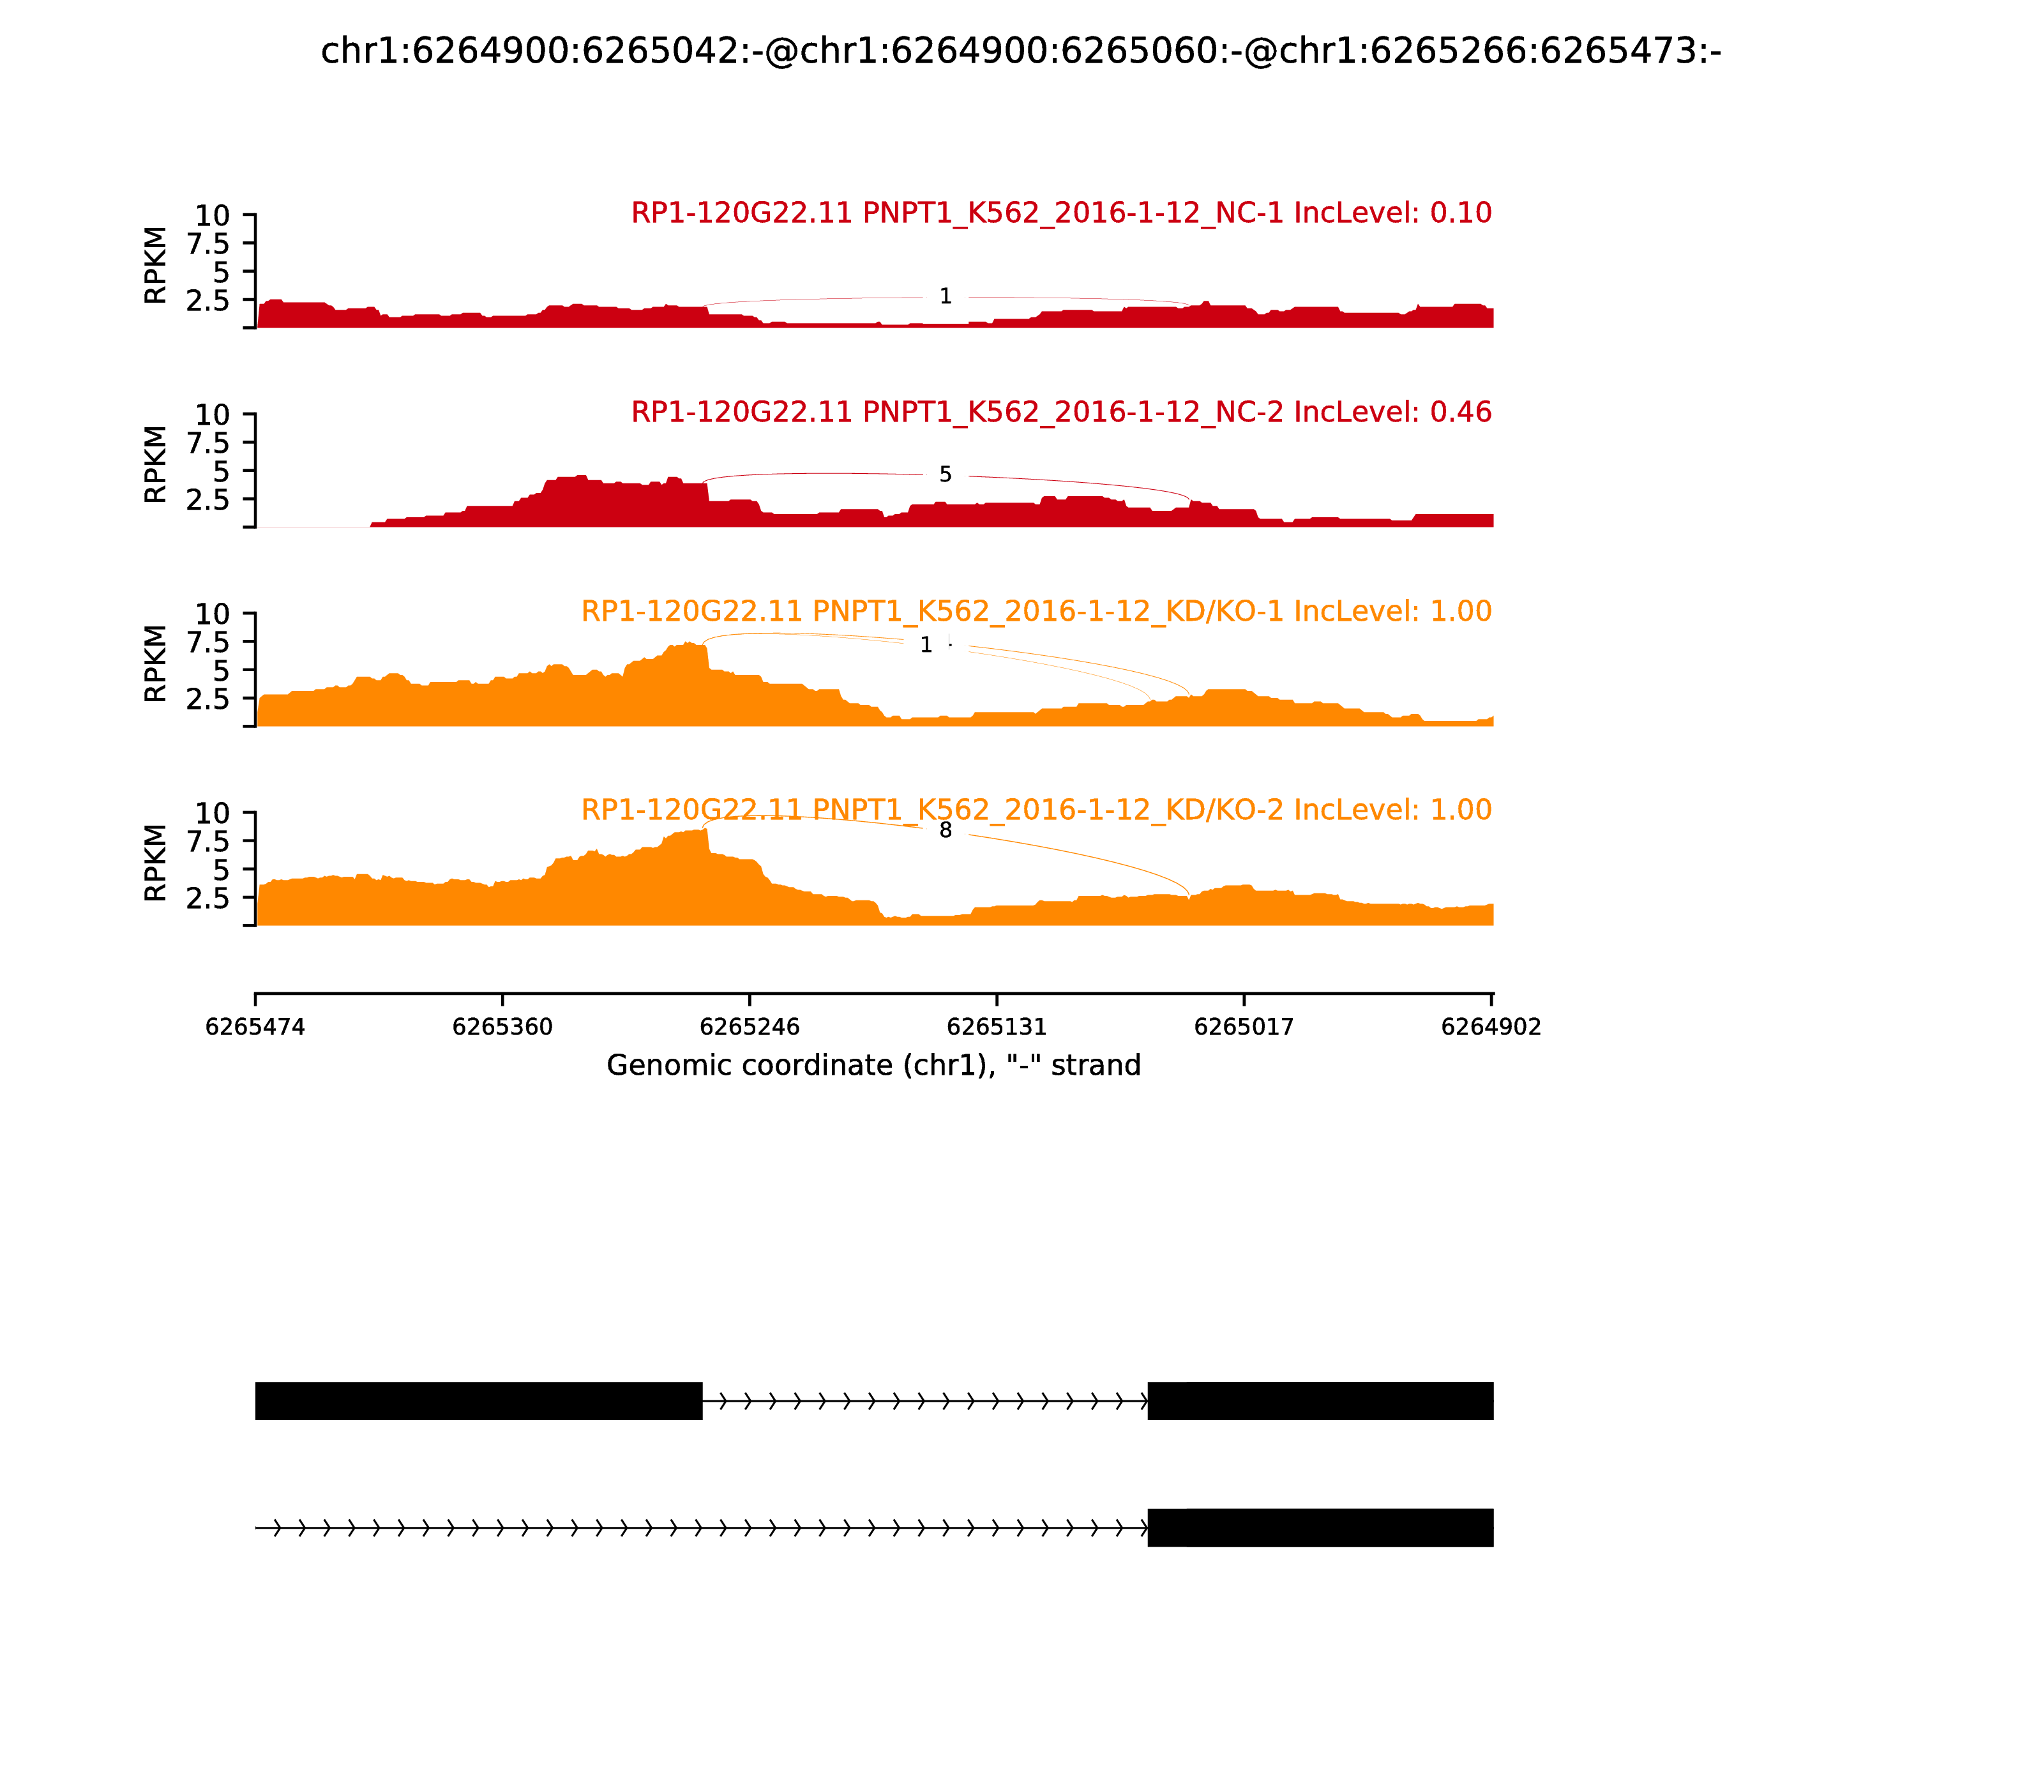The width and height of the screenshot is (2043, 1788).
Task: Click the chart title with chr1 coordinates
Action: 1020,51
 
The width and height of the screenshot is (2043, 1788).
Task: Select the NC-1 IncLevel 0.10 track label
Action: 1060,213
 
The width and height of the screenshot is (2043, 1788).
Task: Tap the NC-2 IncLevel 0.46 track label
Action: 1060,412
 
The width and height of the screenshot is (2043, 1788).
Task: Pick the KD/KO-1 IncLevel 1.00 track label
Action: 1036,610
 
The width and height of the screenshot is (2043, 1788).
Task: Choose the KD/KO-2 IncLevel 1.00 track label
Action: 1036,809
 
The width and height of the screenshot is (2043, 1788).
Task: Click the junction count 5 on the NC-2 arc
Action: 946,475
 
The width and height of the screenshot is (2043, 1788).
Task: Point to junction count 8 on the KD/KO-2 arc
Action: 946,830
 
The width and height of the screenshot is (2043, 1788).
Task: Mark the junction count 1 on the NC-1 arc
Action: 946,296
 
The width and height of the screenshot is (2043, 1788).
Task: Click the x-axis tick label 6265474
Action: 255,1027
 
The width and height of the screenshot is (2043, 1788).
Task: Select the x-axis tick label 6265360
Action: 503,1027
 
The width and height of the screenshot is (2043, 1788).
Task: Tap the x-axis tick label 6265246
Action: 750,1027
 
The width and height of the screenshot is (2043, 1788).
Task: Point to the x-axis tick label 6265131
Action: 997,1027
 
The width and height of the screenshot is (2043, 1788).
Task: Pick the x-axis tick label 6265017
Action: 1244,1027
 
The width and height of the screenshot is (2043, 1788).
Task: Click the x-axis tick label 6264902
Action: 1491,1027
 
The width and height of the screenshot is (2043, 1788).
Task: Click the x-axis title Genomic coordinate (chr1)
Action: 873,1066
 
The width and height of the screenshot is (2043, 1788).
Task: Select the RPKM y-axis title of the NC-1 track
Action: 156,266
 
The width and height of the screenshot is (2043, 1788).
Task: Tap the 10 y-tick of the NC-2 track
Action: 211,414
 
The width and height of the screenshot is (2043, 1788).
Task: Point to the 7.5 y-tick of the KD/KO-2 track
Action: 207,841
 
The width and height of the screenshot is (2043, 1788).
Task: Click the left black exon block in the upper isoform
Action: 479,1401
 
